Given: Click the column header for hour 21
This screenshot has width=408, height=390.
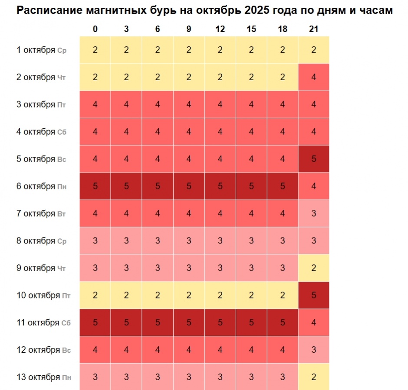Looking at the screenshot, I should tap(314, 29).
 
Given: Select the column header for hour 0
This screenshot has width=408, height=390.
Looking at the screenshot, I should tap(95, 29).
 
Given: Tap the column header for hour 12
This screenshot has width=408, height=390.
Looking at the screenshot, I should tap(220, 29).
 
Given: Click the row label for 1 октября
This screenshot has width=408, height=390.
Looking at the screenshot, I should tap(41, 50).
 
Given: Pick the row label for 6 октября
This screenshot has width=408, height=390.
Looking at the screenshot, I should tap(41, 186).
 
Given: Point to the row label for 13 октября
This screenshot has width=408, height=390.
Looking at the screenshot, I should tap(43, 377).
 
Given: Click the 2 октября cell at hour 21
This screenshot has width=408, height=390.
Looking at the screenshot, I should tap(314, 77).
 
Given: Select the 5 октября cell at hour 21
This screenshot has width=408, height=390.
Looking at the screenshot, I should tap(314, 159).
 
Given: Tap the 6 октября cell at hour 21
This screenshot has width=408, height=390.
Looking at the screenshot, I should tap(314, 186).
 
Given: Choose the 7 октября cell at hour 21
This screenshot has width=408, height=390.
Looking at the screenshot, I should tap(314, 214).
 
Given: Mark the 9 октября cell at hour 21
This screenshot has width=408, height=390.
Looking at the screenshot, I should tap(314, 268).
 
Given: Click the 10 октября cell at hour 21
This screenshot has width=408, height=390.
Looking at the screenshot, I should tap(314, 296).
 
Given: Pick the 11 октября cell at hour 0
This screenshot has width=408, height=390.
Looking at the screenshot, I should tap(95, 322).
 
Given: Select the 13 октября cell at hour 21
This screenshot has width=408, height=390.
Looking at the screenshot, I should tap(314, 377).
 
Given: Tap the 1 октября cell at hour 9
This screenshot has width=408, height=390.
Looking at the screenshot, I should tap(189, 50).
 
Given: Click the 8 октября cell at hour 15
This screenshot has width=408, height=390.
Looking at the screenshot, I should tap(251, 241).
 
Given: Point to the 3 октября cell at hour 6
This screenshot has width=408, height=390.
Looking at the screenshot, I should tap(158, 104).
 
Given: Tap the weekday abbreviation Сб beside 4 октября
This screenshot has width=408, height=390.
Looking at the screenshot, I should tap(62, 132).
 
